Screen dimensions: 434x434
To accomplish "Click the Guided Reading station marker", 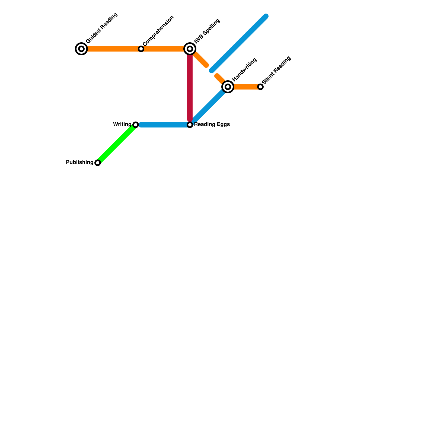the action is coord(81,49).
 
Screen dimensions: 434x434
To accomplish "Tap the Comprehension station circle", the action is coord(141,49).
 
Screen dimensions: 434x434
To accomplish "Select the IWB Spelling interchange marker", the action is coord(190,49).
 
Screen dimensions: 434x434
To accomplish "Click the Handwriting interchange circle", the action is coord(228,87).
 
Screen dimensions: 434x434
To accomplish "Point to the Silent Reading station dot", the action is coord(260,87).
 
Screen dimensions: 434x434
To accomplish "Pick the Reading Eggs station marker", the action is coord(190,125).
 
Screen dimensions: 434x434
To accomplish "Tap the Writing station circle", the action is coord(136,125).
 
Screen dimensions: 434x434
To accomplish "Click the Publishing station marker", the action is coord(98,163).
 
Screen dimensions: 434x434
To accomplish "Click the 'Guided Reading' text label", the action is coord(102,28).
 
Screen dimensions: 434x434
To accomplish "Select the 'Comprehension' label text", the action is coord(158,31).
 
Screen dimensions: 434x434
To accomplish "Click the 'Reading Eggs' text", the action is coord(212,125).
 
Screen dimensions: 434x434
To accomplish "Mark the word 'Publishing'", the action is coord(79,162).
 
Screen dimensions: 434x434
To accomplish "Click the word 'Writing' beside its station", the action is coord(122,125).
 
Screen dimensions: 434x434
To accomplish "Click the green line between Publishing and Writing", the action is coord(117,144).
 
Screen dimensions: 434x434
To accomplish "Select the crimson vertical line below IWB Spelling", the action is coord(190,87).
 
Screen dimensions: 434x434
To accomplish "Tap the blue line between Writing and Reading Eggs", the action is coord(163,125).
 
